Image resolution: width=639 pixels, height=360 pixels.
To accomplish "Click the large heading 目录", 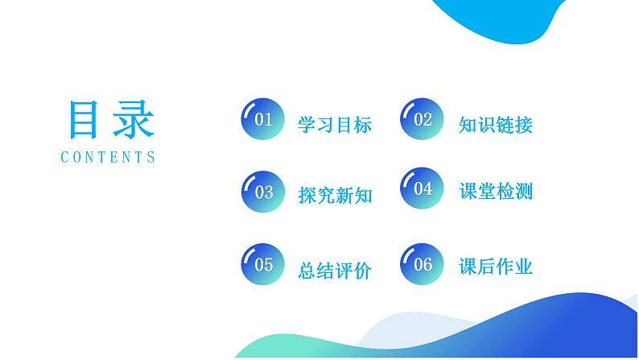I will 109,122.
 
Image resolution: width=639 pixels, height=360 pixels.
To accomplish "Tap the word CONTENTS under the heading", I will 109,158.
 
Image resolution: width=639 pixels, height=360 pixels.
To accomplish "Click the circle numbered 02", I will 422,120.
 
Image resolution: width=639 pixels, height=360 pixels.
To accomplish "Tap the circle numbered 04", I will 422,189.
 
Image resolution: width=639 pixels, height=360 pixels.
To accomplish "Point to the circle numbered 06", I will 422,264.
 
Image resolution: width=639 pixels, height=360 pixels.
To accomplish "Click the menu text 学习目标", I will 335,126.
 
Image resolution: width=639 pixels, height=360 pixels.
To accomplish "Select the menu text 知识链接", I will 496,126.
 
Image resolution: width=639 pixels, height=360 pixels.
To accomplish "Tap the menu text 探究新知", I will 335,196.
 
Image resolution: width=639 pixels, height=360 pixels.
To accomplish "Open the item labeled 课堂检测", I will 496,192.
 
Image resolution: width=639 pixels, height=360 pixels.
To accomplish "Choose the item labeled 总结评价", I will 335,271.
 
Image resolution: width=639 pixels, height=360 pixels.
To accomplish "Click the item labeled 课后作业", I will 496,267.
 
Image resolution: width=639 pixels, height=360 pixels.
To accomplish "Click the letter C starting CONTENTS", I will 65,158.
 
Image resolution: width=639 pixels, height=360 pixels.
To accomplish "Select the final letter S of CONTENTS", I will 151,158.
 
